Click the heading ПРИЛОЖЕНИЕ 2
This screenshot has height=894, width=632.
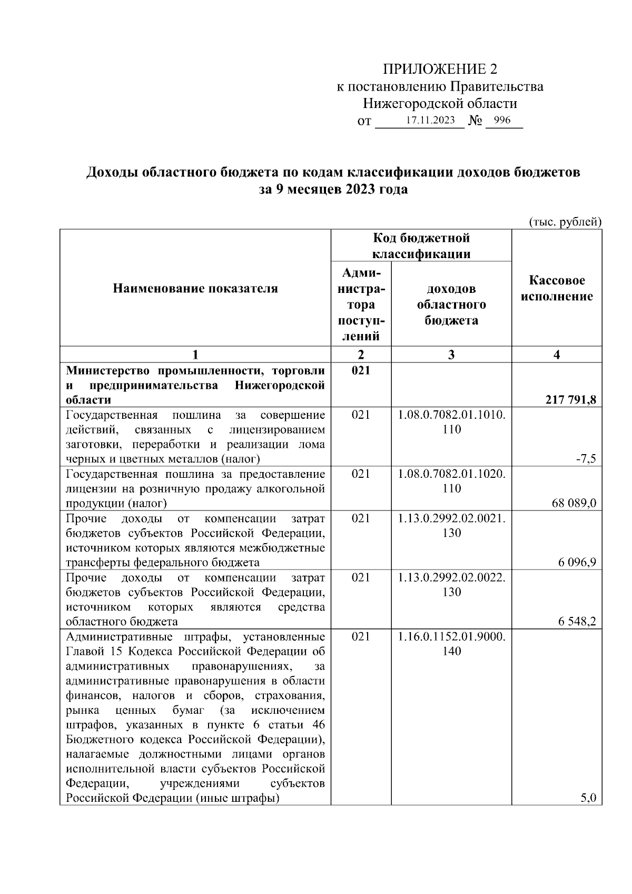click(440, 69)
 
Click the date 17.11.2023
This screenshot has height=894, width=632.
click(430, 120)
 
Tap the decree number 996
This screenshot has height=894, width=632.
click(502, 120)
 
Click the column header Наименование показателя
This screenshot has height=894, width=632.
click(195, 288)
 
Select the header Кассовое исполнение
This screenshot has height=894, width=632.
click(557, 288)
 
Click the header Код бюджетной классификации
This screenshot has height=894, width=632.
click(421, 246)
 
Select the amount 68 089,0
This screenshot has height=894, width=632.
click(574, 503)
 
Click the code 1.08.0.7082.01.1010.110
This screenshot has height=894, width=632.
click(452, 422)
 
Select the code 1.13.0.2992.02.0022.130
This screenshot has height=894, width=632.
click(452, 585)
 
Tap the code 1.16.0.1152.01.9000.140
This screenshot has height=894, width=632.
click(452, 644)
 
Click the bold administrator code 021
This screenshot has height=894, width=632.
click(361, 370)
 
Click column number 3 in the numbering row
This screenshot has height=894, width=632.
click(451, 355)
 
